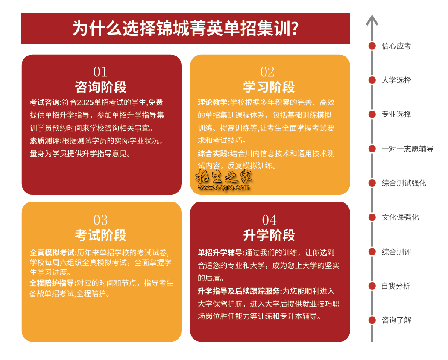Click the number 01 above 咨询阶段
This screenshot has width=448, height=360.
100,72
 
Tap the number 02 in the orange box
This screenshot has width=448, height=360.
267,72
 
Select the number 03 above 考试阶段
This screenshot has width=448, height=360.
100,220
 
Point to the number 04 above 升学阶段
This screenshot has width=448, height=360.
269,220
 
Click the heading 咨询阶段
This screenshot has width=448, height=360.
100,87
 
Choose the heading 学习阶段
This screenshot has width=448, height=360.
269,87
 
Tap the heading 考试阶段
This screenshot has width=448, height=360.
100,235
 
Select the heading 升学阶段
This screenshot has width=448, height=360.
269,235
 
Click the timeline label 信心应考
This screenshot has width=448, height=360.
396,46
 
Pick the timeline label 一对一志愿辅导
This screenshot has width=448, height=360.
407,149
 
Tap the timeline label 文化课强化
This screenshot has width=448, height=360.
400,217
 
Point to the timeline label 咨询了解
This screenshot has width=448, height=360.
396,320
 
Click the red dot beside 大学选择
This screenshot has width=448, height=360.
372,80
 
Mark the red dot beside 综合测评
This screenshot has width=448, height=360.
372,252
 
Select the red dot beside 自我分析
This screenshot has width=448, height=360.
372,286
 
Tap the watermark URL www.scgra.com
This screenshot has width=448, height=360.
224,188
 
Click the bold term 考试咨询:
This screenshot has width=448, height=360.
46,102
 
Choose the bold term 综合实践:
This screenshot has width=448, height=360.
214,154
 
